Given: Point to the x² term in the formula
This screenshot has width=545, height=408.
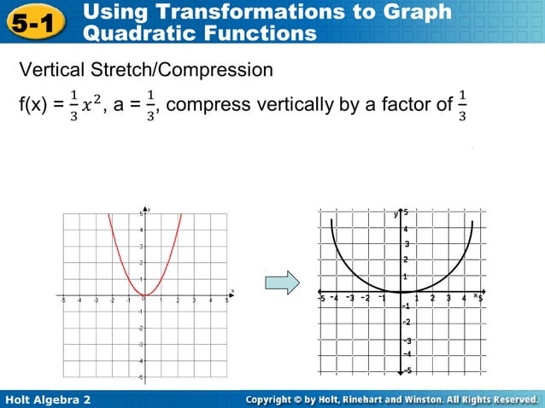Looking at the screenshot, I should click(x=91, y=106).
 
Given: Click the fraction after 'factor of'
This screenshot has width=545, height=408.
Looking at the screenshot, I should click(x=463, y=106).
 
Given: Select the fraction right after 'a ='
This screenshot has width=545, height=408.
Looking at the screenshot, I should click(x=150, y=106).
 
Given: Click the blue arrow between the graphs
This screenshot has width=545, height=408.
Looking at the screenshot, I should click(x=282, y=282).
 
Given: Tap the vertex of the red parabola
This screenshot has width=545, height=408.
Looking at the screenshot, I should click(x=144, y=295).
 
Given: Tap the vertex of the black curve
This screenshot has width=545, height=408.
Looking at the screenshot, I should click(x=401, y=292).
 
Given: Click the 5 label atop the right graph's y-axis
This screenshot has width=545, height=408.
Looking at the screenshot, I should click(x=407, y=213).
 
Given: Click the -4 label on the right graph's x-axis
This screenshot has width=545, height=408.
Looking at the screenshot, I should click(x=335, y=298).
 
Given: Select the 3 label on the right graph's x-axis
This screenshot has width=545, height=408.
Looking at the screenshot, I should click(x=448, y=298).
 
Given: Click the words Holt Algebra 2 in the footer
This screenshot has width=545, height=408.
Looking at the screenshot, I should click(x=48, y=399).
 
